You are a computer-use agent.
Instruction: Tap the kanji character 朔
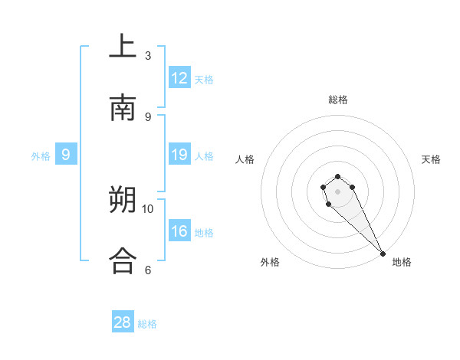click(x=123, y=201)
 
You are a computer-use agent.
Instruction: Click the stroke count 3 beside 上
click(x=148, y=56)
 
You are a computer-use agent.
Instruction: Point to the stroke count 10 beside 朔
click(x=148, y=208)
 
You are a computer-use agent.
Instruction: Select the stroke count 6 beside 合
click(x=148, y=270)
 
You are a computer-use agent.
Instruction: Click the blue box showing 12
click(x=179, y=78)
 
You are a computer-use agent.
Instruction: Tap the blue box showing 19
click(x=179, y=155)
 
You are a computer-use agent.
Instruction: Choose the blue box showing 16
click(x=179, y=231)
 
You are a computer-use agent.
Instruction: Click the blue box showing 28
click(x=123, y=322)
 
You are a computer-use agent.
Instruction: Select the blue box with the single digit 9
click(x=66, y=155)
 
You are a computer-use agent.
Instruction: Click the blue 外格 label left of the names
click(x=41, y=156)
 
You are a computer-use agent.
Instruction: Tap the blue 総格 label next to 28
click(x=147, y=324)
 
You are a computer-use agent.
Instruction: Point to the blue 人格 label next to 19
click(x=204, y=156)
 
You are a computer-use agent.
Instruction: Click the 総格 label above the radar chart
click(x=338, y=100)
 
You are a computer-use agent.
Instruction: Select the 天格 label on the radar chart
click(x=431, y=159)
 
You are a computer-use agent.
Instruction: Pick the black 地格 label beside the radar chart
click(x=402, y=262)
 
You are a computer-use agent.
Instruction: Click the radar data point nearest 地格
click(x=383, y=254)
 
